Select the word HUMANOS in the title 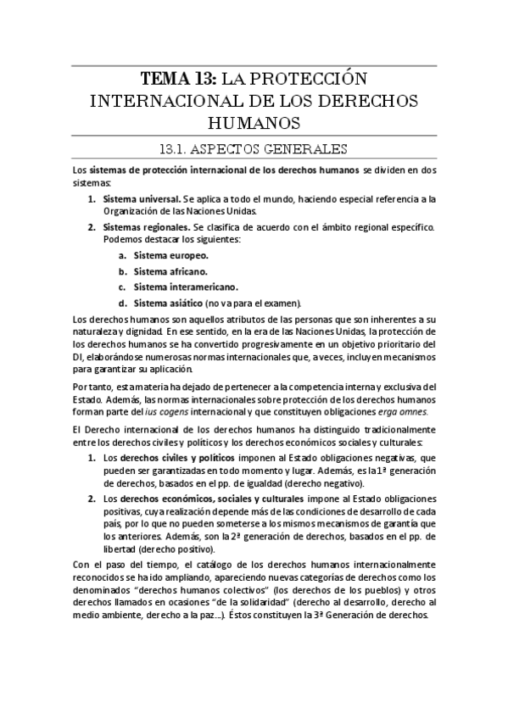pos(253,123)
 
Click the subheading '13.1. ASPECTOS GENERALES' pos(253,150)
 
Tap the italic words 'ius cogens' pos(167,412)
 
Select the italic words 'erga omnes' pos(405,412)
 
